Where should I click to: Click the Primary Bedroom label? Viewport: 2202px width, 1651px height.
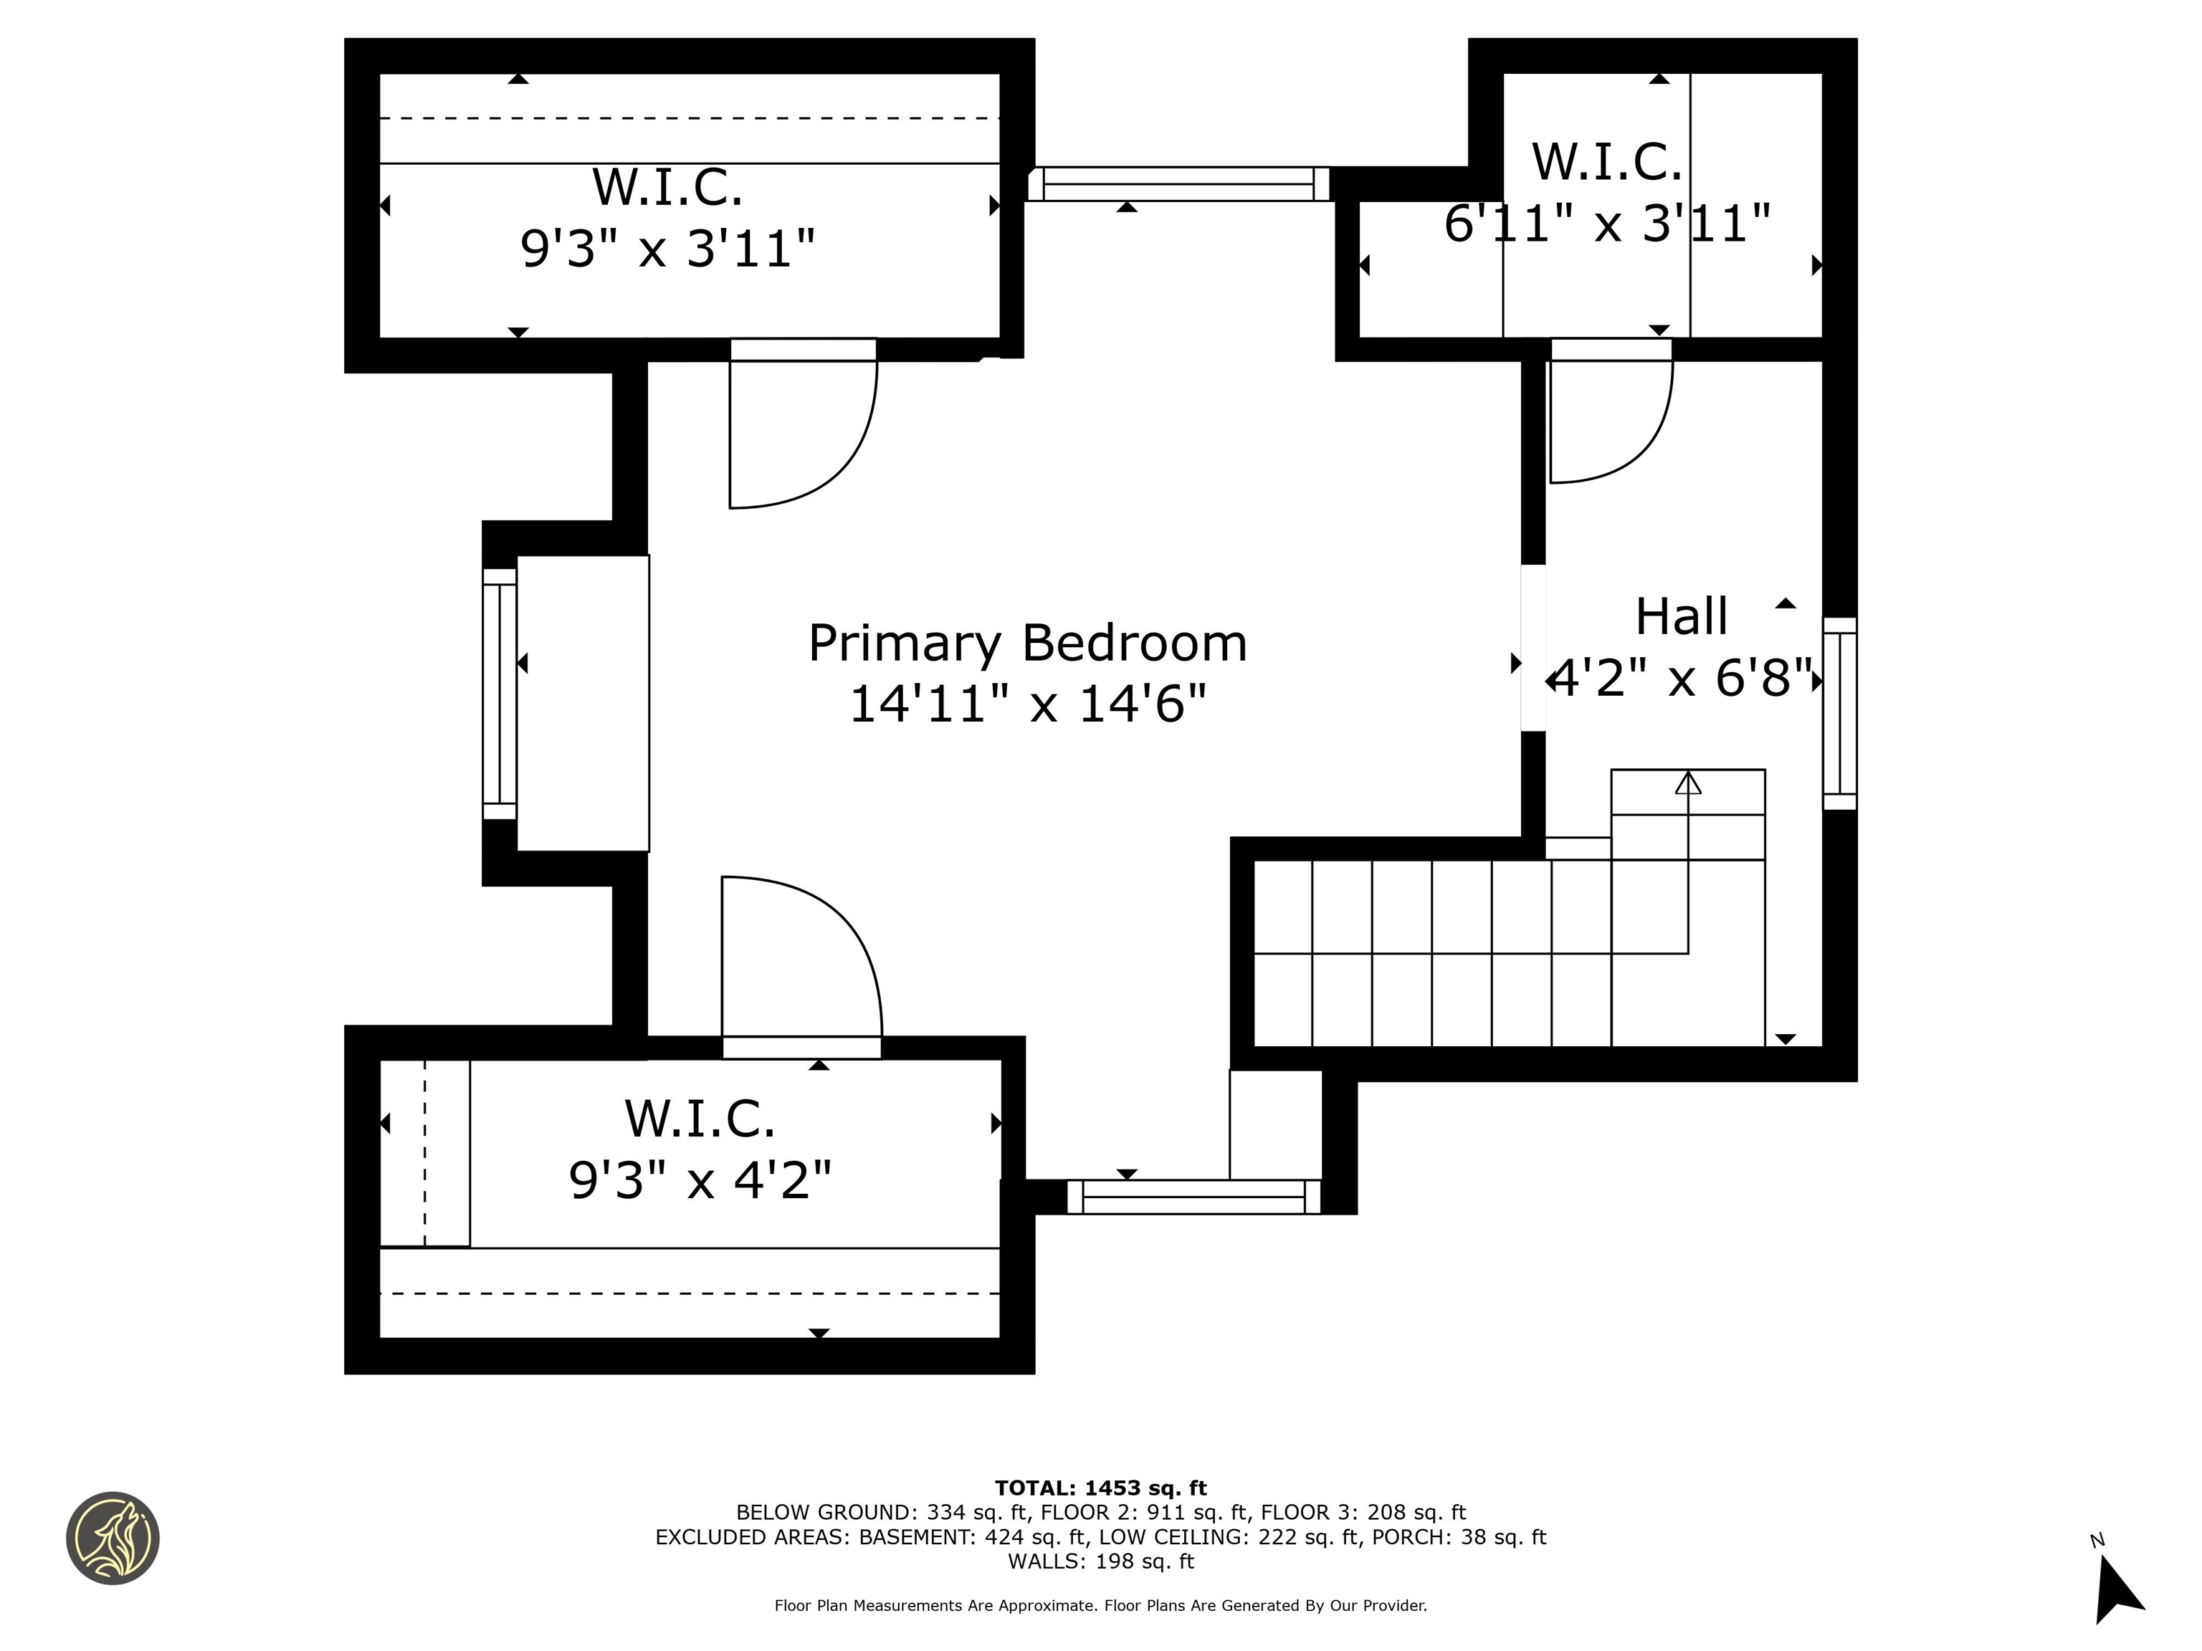tap(1026, 643)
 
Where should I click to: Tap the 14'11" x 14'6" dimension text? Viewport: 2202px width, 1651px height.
tap(1026, 704)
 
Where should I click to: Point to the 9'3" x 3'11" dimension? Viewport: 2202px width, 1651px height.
tap(667, 247)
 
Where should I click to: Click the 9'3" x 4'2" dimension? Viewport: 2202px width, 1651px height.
tap(699, 1180)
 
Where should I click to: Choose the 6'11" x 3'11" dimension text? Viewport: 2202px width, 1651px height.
tap(1607, 223)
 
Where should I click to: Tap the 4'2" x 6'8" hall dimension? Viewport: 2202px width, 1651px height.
tap(1682, 680)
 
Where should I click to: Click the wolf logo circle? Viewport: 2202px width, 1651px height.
tap(113, 1538)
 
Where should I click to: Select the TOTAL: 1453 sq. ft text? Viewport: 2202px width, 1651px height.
tap(1100, 1488)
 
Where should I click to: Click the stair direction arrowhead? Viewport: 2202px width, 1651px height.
tap(1687, 783)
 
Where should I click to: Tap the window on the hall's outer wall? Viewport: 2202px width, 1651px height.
tap(1839, 714)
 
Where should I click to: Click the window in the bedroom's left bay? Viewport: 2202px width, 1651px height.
tap(500, 694)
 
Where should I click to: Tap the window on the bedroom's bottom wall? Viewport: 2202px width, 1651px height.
tap(1193, 1197)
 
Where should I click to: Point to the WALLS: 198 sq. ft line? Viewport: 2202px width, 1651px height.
tap(1100, 1561)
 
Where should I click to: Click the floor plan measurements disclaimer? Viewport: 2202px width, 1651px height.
tap(1100, 1605)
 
